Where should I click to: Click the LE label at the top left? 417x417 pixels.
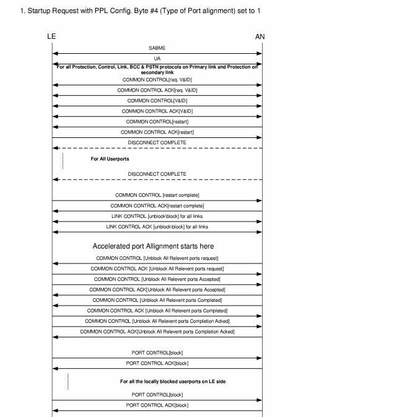click(51, 37)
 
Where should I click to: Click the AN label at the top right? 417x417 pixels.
click(260, 37)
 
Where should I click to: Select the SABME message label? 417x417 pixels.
click(157, 48)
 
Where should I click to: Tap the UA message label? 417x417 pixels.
click(157, 58)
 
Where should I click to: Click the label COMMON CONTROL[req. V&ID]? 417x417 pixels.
click(157, 79)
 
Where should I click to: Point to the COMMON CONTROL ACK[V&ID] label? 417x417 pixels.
click(157, 111)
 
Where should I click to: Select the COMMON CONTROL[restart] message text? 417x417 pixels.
click(157, 121)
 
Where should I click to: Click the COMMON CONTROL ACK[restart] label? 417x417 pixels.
click(157, 132)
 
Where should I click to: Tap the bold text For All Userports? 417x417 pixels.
click(110, 159)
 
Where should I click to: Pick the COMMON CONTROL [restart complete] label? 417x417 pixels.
click(157, 195)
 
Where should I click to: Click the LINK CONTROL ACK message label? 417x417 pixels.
click(157, 226)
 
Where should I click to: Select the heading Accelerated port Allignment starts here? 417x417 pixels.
click(153, 246)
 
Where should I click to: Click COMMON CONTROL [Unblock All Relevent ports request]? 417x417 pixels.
click(157, 258)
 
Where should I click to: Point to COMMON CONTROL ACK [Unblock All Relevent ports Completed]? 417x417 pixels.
click(157, 311)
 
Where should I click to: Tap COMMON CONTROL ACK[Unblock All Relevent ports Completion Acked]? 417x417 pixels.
click(157, 332)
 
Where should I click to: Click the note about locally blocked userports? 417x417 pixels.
click(172, 382)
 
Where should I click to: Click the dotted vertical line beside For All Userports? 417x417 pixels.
click(63, 160)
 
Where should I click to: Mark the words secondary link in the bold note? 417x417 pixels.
click(157, 72)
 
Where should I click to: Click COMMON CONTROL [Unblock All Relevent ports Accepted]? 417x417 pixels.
click(157, 279)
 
